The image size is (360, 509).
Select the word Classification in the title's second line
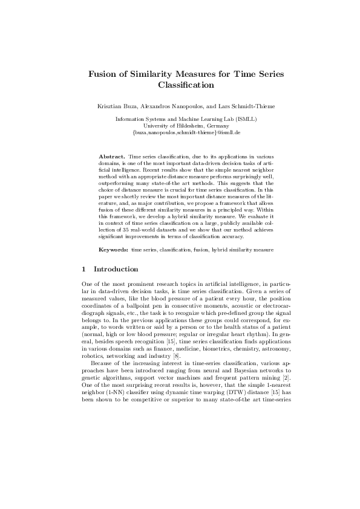[180, 86]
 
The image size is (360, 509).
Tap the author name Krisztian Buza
[117, 106]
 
